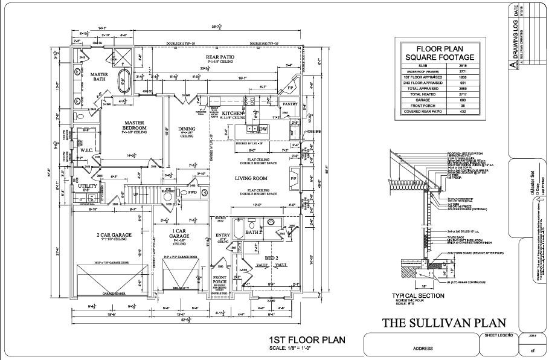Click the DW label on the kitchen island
pos(263,129)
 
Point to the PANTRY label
pos(291,103)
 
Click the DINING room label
pos(187,129)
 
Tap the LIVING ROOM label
pos(251,179)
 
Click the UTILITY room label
pos(88,187)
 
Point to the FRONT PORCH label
pos(219,281)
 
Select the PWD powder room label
pos(193,193)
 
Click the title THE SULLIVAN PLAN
pos(445,323)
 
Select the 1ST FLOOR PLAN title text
pos(307,340)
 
